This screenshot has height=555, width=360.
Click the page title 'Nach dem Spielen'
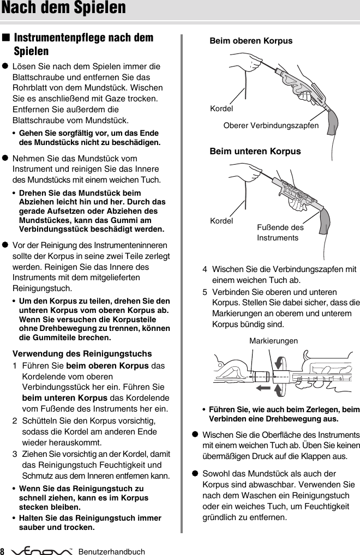coord(63,8)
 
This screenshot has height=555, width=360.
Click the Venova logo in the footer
coord(45,551)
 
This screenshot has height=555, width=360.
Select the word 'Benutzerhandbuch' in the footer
coord(112,552)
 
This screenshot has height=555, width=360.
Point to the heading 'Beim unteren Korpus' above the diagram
coord(255,151)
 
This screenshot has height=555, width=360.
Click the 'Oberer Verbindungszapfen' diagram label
coord(271,125)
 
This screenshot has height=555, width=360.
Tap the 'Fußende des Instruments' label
coord(280,232)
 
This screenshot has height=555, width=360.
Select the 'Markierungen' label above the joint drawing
coord(273,341)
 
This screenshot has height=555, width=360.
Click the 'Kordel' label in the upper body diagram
coord(221,108)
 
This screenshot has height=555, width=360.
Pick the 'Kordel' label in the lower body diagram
coord(221,221)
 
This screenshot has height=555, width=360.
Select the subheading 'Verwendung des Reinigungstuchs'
coord(82,353)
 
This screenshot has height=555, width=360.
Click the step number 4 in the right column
coord(205,269)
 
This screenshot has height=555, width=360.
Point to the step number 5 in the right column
coord(205,292)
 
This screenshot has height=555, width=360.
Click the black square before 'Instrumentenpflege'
coord(6,38)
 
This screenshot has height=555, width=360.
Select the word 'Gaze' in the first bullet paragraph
coord(122,98)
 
